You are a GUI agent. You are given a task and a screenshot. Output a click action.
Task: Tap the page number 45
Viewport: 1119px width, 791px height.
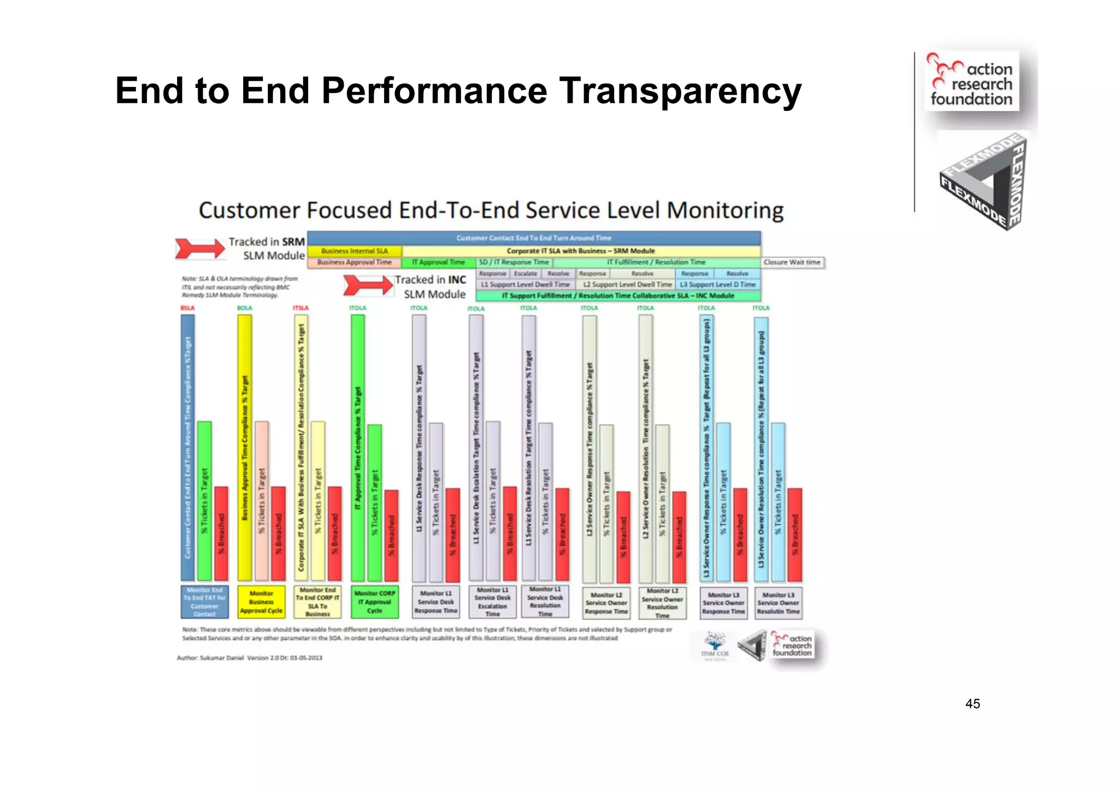click(x=973, y=704)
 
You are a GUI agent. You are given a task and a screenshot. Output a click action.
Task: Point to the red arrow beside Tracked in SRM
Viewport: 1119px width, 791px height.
click(x=199, y=248)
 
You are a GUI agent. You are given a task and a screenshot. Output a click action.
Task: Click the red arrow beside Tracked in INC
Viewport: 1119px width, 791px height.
click(x=368, y=285)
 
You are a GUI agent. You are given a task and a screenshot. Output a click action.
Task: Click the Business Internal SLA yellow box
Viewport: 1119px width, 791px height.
click(x=354, y=251)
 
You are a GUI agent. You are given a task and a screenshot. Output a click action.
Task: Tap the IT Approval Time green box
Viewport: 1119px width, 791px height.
click(x=439, y=262)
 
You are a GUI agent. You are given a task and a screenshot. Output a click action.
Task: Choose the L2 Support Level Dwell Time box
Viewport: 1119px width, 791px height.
click(x=627, y=284)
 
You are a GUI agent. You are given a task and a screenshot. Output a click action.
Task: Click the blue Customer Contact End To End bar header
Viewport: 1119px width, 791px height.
click(x=533, y=238)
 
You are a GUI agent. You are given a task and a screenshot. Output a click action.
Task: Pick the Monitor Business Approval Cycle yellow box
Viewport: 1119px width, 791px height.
click(x=261, y=601)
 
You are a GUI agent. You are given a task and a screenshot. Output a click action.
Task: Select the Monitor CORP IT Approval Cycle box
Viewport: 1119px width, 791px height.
click(x=374, y=601)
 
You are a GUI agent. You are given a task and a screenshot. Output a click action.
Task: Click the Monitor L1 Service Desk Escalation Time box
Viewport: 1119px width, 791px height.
click(x=492, y=601)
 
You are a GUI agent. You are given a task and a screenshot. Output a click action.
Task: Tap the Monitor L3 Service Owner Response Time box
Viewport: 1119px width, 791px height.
click(x=723, y=603)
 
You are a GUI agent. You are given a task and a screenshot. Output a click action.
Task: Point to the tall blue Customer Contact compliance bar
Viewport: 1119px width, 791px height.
click(x=187, y=448)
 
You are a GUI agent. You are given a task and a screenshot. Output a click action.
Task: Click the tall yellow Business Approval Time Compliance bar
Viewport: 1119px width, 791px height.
click(x=244, y=448)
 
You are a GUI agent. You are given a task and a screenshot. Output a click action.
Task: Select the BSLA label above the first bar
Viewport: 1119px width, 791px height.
click(x=187, y=308)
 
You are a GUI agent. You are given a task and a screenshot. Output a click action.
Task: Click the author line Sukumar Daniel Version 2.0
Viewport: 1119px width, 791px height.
click(x=250, y=658)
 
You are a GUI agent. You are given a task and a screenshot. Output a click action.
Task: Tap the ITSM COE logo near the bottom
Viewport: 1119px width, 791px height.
click(x=715, y=646)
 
